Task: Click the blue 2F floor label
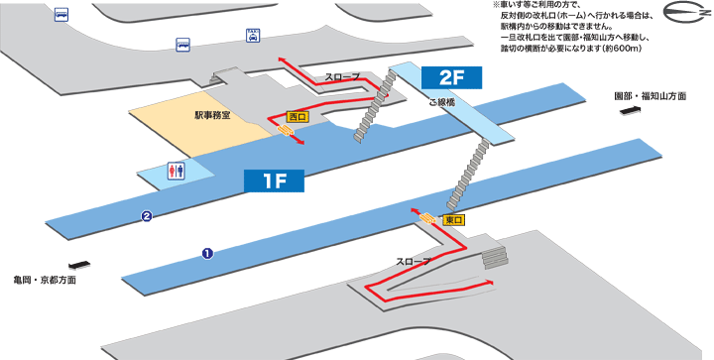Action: coord(451,77)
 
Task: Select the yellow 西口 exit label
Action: coord(297,117)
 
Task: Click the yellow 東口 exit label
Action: coord(454,219)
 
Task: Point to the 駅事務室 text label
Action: coord(211,115)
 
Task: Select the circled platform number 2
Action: coord(146,216)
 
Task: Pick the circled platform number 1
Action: coord(207,253)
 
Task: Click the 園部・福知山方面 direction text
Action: coord(649,96)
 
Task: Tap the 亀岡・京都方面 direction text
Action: coord(45,280)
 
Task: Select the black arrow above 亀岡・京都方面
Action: coord(80,265)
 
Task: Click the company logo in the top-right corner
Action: coord(683,22)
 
